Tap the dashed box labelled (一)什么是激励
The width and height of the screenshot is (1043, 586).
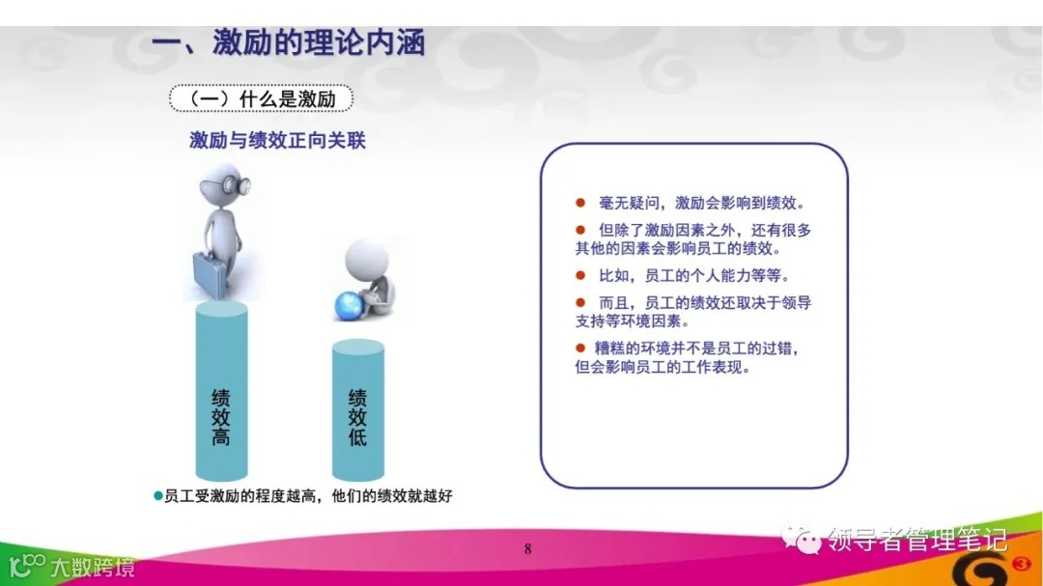click(261, 98)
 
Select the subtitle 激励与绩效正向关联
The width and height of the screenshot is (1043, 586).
click(277, 141)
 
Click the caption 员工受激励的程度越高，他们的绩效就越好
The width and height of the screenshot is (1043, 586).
click(308, 496)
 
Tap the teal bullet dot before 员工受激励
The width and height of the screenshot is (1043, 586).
click(159, 495)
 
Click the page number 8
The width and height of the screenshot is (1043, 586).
click(527, 550)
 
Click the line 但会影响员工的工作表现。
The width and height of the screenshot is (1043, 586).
click(662, 368)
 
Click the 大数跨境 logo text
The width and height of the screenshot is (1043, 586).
click(93, 567)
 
